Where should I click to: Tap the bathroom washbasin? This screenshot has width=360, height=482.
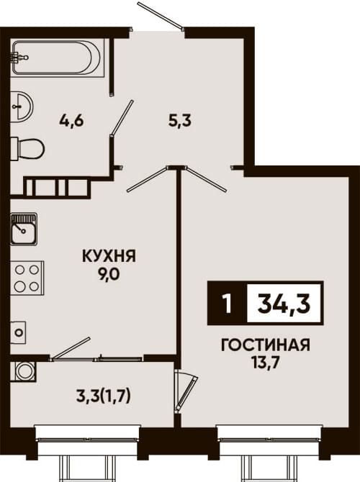click(22, 106)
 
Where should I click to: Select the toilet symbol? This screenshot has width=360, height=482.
click(27, 149)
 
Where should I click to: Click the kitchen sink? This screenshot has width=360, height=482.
click(24, 229)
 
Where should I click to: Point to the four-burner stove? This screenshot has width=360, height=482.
click(27, 278)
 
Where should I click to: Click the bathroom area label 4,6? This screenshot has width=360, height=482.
click(71, 121)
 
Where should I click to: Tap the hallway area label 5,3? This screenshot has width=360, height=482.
click(180, 121)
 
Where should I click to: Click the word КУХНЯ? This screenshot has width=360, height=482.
click(109, 256)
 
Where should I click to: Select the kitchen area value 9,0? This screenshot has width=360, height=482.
click(108, 275)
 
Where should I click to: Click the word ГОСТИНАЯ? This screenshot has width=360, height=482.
click(266, 345)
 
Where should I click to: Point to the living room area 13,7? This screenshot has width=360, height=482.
click(265, 363)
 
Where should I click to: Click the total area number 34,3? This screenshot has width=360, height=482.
click(284, 304)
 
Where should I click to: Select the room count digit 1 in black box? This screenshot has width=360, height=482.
click(228, 304)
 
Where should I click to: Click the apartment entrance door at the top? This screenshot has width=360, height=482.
click(161, 16)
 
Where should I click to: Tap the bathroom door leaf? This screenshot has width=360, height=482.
click(122, 117)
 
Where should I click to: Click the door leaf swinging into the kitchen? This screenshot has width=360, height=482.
click(148, 179)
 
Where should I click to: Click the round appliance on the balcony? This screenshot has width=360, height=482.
click(23, 371)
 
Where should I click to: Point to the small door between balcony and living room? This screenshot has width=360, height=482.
click(186, 391)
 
